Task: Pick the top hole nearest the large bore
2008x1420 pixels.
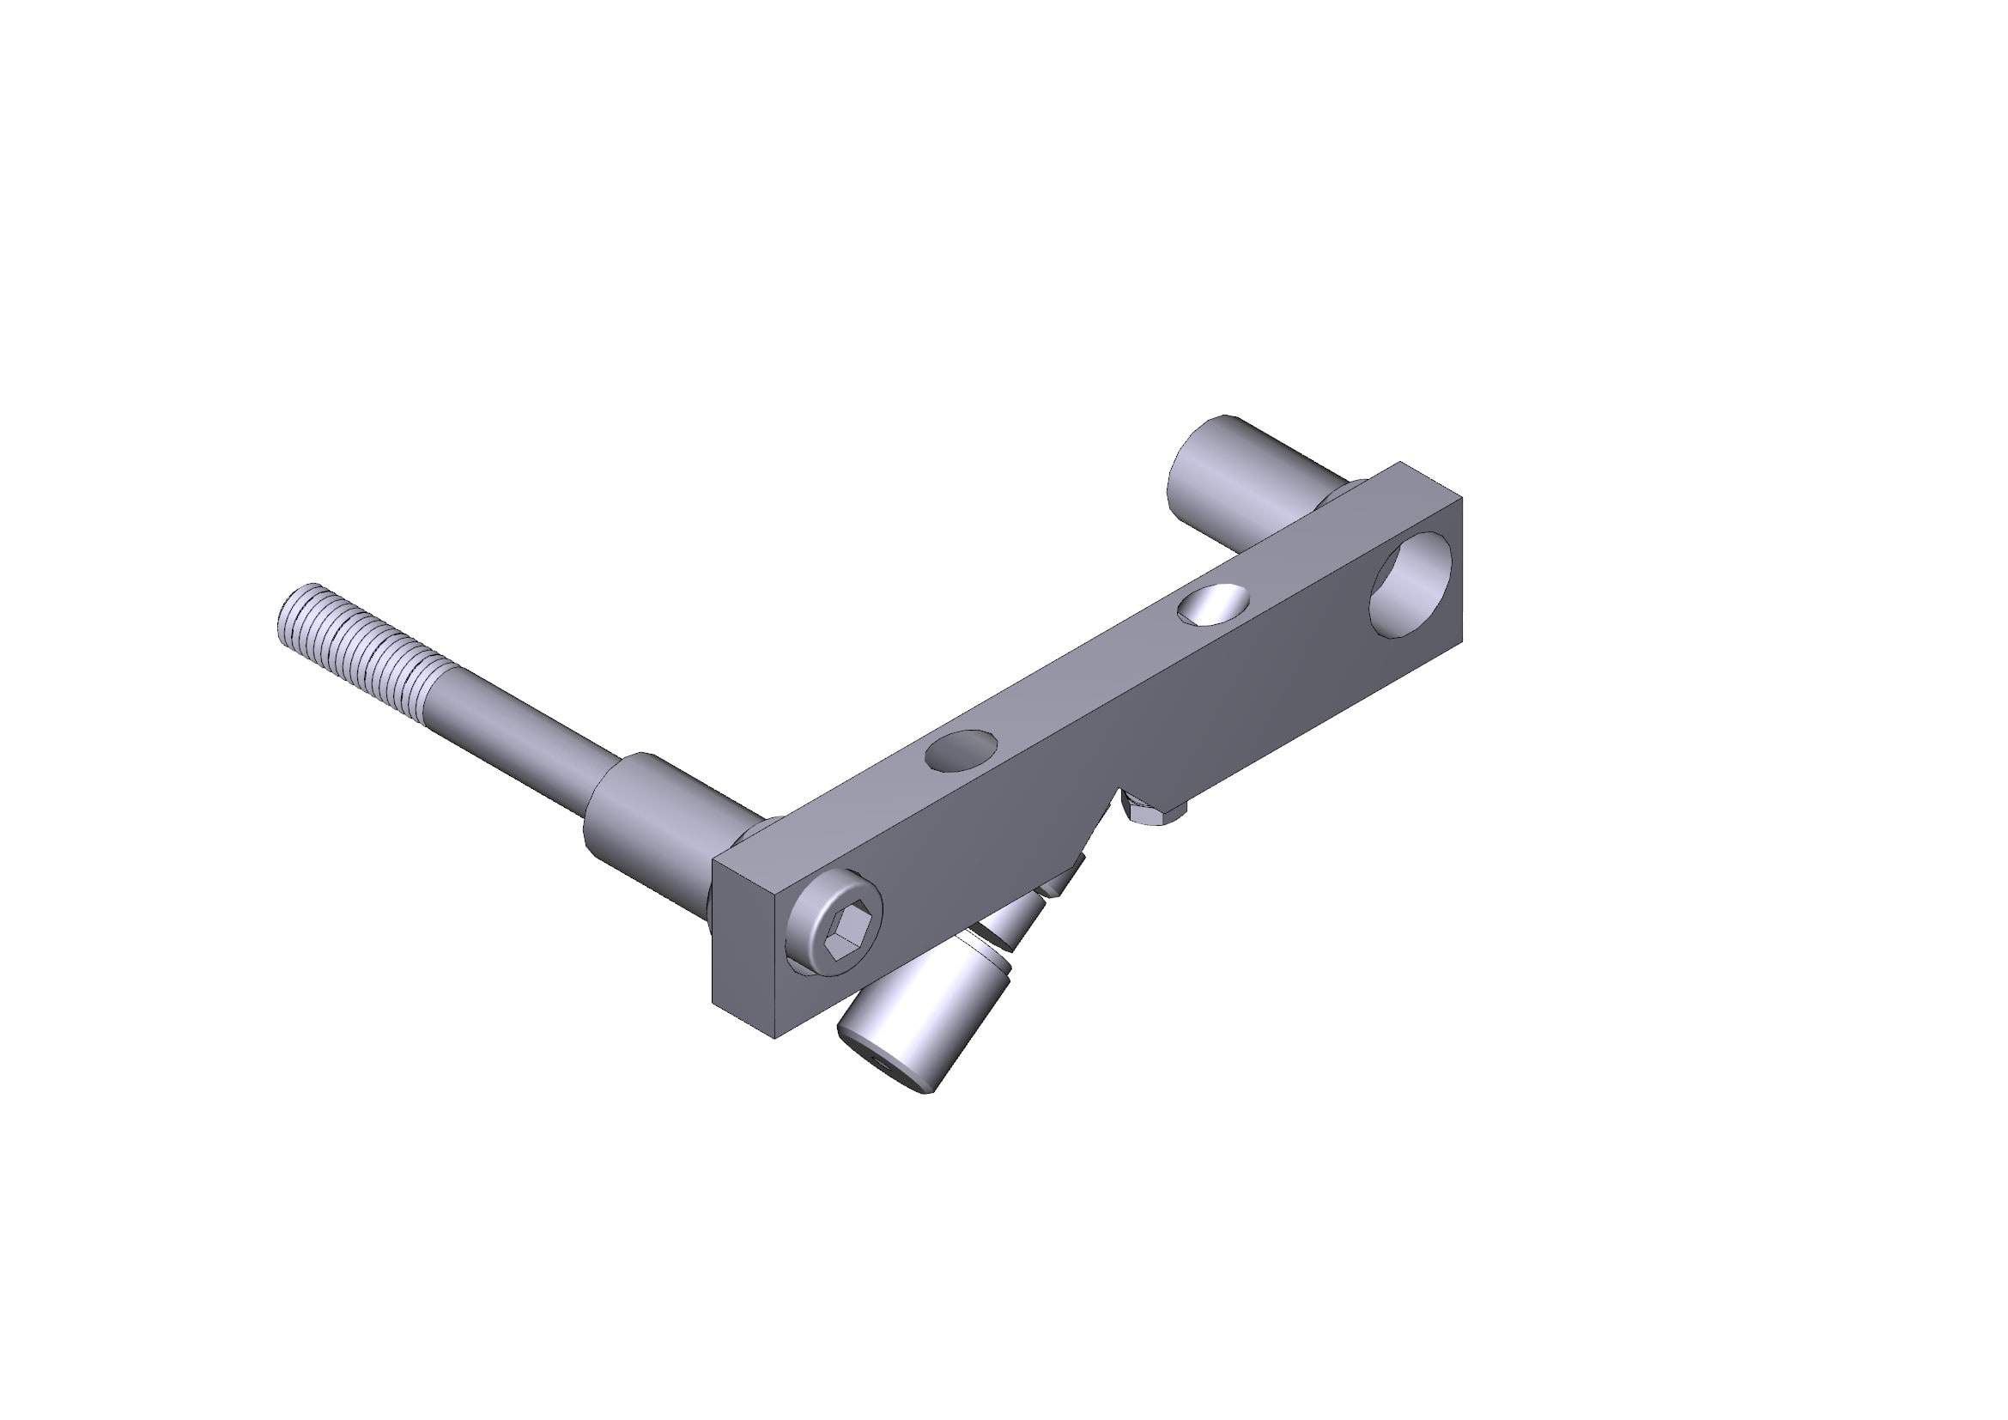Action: coord(1213,604)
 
